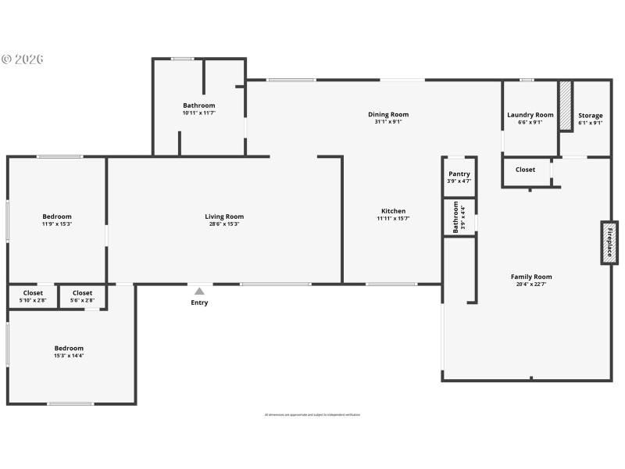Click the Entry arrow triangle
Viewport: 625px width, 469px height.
click(x=199, y=291)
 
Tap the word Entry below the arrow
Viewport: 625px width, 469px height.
click(x=199, y=303)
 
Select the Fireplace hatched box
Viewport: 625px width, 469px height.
click(x=609, y=243)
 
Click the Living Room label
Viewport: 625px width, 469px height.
click(x=224, y=217)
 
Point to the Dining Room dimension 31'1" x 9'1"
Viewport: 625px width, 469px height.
click(x=388, y=122)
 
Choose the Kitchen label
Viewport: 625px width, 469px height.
click(x=393, y=211)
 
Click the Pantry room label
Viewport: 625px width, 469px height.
click(x=459, y=174)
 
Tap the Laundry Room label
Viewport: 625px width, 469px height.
click(x=530, y=115)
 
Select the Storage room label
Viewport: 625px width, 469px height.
click(x=590, y=115)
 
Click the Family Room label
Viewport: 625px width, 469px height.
click(x=531, y=277)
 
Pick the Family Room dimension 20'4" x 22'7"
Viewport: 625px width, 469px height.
click(x=531, y=284)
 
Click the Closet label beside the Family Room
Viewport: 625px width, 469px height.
click(x=525, y=170)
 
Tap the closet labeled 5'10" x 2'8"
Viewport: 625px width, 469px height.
click(x=34, y=296)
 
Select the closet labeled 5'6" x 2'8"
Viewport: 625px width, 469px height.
click(x=82, y=296)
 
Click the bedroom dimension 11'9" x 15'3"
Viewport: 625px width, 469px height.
click(x=57, y=224)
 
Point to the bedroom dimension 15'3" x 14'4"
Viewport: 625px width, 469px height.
click(x=69, y=356)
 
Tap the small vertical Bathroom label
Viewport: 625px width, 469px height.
click(x=456, y=217)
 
